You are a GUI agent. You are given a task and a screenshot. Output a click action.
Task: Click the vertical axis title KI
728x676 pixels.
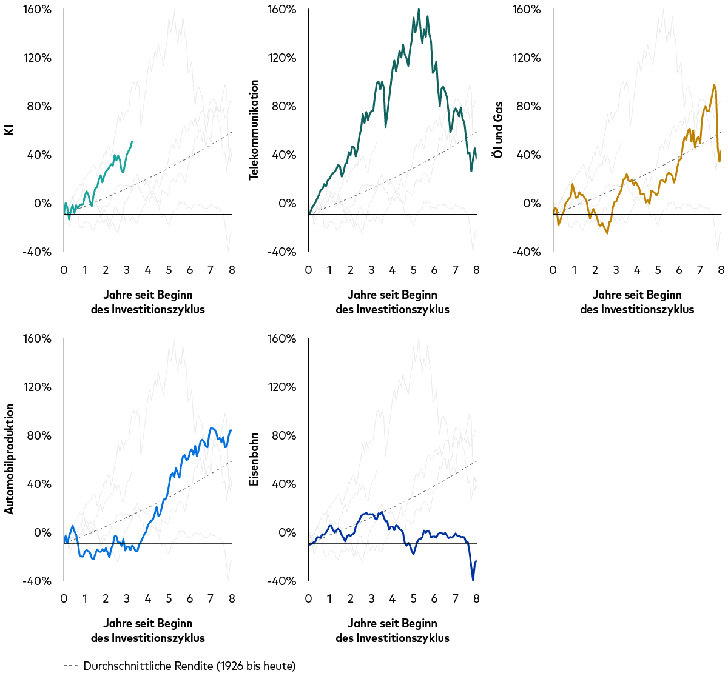click(x=10, y=130)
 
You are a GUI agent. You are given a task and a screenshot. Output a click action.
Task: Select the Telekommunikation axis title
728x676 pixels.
click(x=254, y=130)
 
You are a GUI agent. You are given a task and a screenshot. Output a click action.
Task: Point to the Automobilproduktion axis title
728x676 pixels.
click(x=10, y=459)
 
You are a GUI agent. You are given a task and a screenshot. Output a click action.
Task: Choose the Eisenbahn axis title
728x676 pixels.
click(x=254, y=459)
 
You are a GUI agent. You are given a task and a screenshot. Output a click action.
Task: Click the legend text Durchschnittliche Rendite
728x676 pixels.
click(x=189, y=666)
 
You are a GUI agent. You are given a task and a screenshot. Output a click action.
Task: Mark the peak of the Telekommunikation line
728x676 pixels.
click(x=419, y=10)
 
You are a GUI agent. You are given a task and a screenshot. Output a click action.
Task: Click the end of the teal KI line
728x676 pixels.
click(x=132, y=141)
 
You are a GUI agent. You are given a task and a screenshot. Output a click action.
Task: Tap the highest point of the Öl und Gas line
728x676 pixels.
click(x=714, y=85)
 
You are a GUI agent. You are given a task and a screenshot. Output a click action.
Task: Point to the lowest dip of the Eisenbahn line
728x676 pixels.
click(x=473, y=580)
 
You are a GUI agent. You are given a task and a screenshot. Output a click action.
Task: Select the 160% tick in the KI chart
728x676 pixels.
click(x=38, y=10)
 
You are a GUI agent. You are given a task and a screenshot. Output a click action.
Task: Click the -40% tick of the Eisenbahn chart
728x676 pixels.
click(x=283, y=581)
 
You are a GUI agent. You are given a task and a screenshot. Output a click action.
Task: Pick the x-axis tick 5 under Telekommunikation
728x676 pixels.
click(x=413, y=270)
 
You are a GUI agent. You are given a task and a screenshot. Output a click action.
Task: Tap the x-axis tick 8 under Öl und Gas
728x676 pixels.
click(x=721, y=270)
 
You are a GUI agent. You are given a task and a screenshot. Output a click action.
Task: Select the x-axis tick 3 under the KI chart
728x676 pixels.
click(x=127, y=270)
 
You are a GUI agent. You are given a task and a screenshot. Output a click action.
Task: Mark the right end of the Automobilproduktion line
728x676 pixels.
click(x=231, y=430)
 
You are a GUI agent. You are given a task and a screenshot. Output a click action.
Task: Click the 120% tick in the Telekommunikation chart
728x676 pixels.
click(x=283, y=58)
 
